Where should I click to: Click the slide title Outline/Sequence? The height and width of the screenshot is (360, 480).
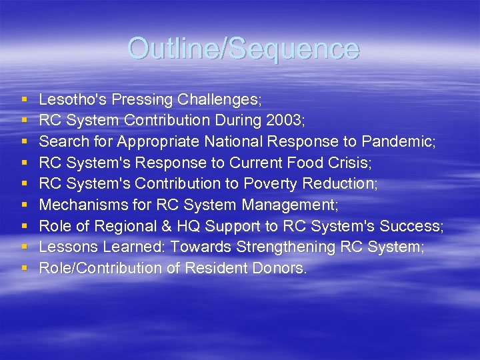pyautogui.click(x=243, y=49)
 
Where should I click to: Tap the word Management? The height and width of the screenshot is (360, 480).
pyautogui.click(x=293, y=205)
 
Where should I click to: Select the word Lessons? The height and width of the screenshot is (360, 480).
pyautogui.click(x=67, y=247)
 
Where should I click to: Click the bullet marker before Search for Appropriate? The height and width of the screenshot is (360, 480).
pyautogui.click(x=24, y=142)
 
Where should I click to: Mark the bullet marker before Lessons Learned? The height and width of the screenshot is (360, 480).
pyautogui.click(x=24, y=247)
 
